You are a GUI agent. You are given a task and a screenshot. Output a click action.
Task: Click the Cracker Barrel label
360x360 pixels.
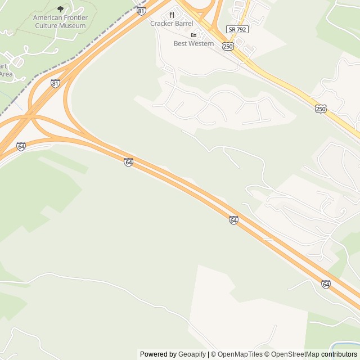(172, 24)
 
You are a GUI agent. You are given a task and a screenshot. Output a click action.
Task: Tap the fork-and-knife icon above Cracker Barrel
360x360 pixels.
(172, 15)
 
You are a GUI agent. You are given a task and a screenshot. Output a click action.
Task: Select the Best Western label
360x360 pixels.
(193, 43)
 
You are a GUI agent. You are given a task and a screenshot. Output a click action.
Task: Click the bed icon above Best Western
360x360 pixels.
(193, 35)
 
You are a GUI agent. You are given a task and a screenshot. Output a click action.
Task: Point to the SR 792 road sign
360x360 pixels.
(238, 29)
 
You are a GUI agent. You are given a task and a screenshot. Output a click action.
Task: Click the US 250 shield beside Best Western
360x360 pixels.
(227, 46)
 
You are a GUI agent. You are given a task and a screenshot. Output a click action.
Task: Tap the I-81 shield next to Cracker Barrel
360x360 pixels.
(141, 11)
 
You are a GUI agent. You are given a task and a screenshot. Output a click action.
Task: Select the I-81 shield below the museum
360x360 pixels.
(55, 83)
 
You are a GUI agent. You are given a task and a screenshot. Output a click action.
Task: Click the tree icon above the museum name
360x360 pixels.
(61, 9)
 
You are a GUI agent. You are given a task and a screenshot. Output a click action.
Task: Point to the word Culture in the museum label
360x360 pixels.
(46, 25)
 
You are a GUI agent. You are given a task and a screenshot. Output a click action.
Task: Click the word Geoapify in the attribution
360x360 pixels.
(192, 354)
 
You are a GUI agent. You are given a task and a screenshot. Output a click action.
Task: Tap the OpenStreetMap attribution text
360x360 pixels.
(292, 354)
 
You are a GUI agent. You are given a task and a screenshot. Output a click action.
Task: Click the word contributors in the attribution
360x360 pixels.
(339, 354)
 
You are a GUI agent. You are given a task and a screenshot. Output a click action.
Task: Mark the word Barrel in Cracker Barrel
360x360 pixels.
(183, 24)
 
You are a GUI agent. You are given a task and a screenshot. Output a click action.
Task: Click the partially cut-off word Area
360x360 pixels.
(6, 74)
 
